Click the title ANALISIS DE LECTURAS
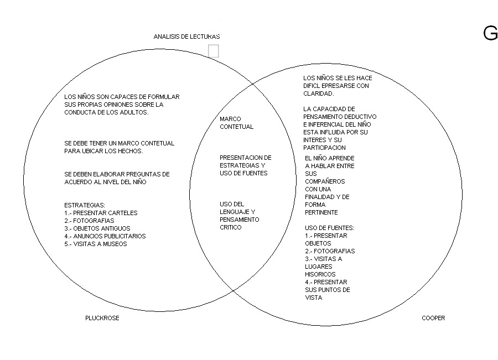tap(187, 36)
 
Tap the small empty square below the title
tap(214, 51)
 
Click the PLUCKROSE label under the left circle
tap(102, 318)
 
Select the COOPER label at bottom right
tap(433, 318)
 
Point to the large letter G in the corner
tap(491, 33)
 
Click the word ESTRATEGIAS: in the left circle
tap(85, 205)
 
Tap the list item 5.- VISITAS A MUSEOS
tap(96, 244)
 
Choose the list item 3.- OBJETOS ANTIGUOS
tap(97, 228)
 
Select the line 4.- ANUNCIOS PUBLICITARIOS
tap(105, 236)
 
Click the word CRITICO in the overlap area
tap(231, 228)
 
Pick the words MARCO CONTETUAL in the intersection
tap(237, 123)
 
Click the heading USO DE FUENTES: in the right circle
tap(329, 228)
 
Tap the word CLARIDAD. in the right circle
tap(319, 93)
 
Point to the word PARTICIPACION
tap(324, 148)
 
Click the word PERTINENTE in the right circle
tap(321, 213)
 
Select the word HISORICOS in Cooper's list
tap(320, 275)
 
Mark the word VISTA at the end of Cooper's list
tap(314, 298)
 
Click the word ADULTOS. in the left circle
tap(134, 112)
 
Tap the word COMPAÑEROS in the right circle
tap(325, 181)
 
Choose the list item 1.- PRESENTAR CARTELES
tap(101, 213)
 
